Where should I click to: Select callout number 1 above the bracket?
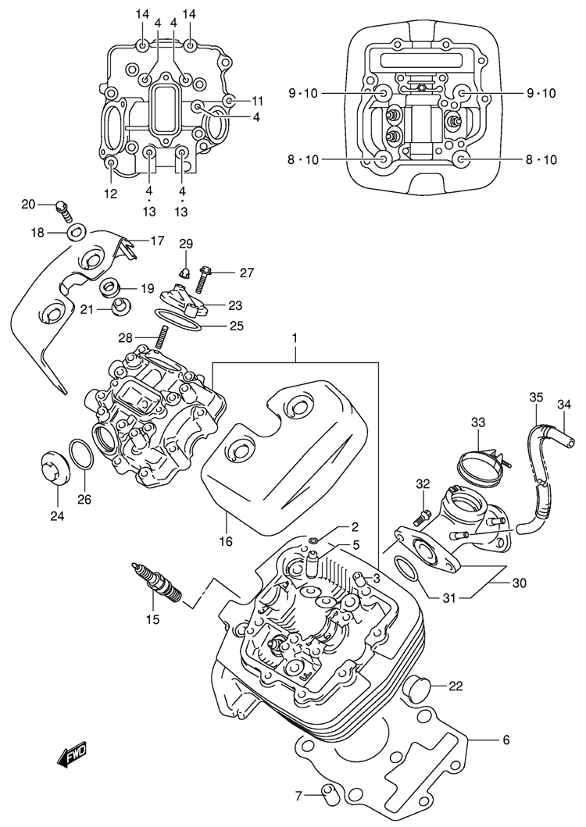point(296,338)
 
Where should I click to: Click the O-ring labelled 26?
point(82,455)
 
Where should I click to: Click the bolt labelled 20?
point(62,208)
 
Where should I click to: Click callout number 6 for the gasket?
point(506,740)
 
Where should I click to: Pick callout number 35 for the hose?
point(535,397)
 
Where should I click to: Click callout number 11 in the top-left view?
point(257,102)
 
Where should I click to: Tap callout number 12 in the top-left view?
point(110,193)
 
